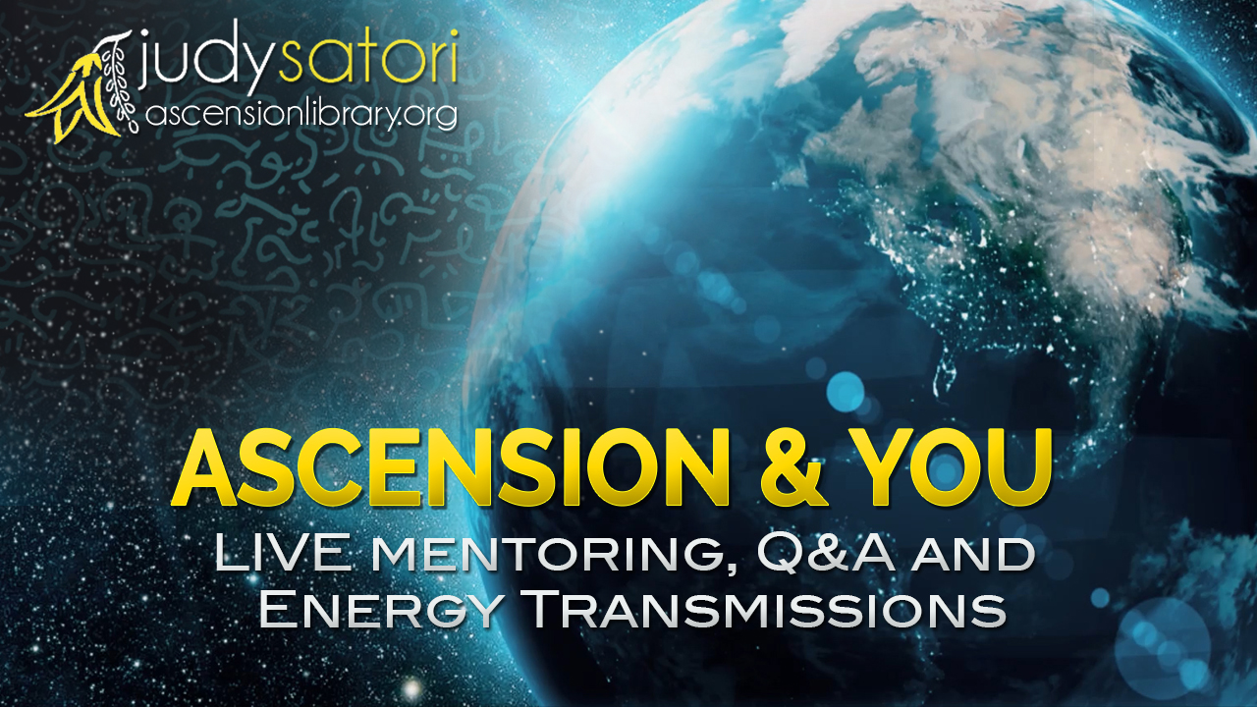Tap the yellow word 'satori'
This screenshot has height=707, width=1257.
point(367,55)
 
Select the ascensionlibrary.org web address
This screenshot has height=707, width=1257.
point(301,116)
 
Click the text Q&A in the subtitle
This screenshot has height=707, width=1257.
point(825,554)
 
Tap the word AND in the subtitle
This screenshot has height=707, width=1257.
point(972,556)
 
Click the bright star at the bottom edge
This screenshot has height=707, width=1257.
point(412,688)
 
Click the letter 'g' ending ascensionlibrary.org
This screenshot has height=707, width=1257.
point(445,119)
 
